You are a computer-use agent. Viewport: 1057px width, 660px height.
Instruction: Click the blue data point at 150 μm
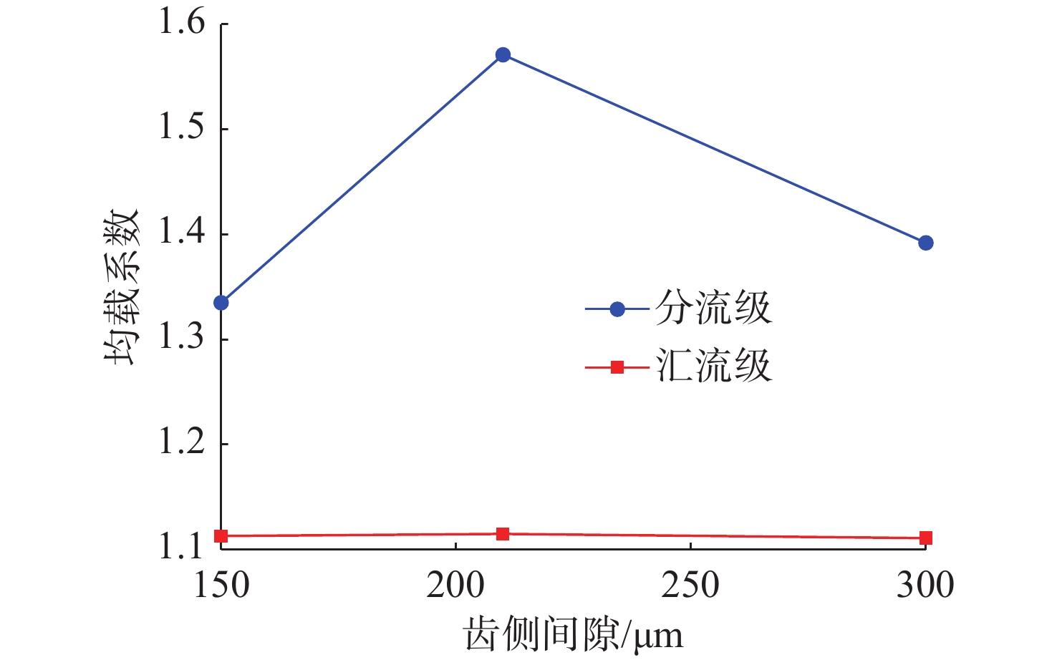tap(221, 303)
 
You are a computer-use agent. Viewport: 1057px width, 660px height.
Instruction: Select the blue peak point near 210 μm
tap(503, 55)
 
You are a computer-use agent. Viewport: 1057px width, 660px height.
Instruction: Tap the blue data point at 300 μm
tap(925, 243)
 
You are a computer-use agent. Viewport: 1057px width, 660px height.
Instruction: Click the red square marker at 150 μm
tap(221, 536)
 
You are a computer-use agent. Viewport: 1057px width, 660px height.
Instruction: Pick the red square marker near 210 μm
tap(503, 534)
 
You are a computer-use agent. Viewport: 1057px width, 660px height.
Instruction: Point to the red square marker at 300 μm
tap(925, 538)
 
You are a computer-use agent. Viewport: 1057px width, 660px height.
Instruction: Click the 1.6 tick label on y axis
tap(181, 23)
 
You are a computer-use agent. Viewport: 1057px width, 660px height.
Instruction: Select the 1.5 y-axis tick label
tap(181, 128)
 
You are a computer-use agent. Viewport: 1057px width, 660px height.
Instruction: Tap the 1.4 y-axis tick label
tap(181, 233)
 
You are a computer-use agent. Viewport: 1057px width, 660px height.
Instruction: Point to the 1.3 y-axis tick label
tap(181, 339)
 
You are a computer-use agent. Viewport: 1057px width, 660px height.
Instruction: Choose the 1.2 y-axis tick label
tap(181, 444)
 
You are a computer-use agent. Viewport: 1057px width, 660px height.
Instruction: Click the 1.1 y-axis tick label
tap(181, 548)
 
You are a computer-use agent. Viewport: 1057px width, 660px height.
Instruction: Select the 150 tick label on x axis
tap(221, 586)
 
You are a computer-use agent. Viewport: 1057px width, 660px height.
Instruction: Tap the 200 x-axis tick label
tap(455, 586)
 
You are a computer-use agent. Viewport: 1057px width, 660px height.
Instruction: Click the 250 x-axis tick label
tap(690, 586)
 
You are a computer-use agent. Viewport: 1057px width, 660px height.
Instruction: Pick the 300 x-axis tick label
tap(925, 586)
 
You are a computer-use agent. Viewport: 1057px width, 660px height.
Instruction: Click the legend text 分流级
tap(713, 309)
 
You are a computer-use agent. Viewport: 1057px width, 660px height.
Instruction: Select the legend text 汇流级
tap(713, 367)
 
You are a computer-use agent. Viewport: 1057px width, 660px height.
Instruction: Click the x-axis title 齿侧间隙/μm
tap(574, 634)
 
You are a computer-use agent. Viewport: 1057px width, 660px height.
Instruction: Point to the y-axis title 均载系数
tap(120, 286)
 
